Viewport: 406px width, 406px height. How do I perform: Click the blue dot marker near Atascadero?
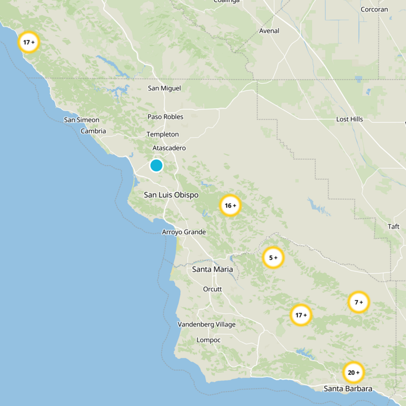(156, 165)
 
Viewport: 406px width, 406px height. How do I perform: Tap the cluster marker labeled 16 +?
(230, 206)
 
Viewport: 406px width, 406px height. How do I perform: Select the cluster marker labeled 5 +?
(273, 258)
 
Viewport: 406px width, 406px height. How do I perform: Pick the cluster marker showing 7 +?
(359, 302)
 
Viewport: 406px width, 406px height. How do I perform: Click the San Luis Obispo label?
(171, 195)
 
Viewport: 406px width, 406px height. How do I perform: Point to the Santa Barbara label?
(348, 389)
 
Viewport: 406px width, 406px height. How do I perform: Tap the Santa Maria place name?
(213, 269)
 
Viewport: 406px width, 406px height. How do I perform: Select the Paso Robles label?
(165, 117)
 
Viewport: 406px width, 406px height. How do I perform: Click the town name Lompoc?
(209, 340)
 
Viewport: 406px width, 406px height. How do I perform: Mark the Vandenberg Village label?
(207, 324)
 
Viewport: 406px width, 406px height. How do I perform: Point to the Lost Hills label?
(350, 119)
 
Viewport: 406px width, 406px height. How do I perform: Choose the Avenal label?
(269, 31)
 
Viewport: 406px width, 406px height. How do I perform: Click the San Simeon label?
(82, 120)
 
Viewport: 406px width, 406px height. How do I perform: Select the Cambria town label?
(93, 131)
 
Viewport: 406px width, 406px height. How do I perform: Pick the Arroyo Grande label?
(184, 232)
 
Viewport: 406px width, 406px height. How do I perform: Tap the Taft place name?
(394, 226)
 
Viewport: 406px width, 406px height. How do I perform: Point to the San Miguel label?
(164, 88)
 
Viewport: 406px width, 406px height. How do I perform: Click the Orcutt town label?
(213, 289)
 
